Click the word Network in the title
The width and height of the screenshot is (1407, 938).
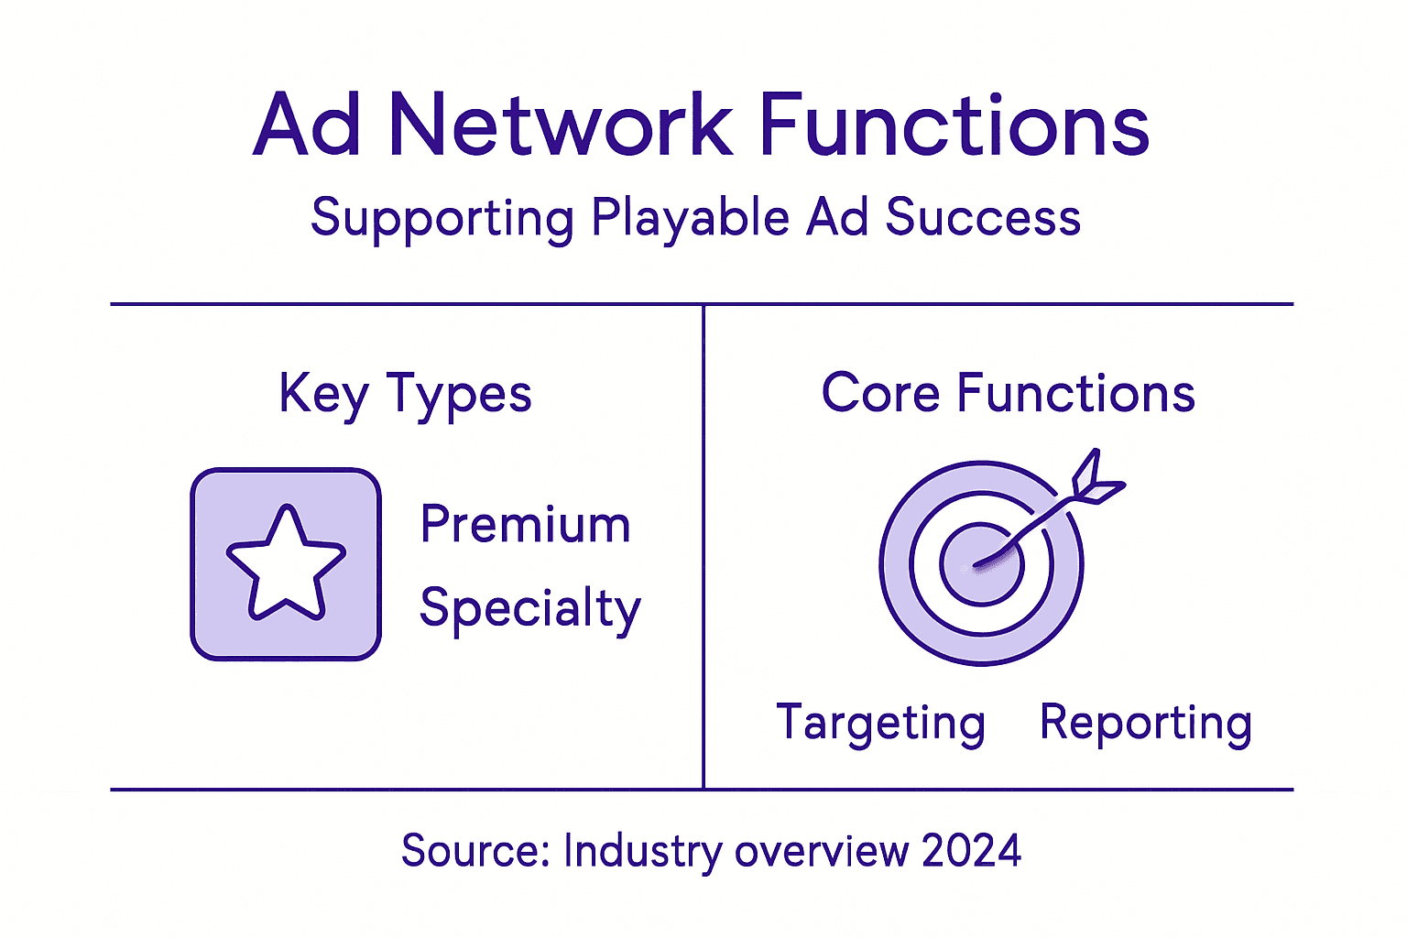point(561,125)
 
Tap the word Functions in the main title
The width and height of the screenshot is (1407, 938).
point(954,125)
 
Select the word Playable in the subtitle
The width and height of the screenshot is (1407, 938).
point(690,218)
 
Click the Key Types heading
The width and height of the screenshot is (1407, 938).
point(405,395)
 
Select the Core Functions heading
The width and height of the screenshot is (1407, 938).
point(1008,394)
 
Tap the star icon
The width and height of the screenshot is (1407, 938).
point(286,563)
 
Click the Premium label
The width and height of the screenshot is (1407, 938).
point(525,525)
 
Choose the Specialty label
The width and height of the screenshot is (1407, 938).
point(529,609)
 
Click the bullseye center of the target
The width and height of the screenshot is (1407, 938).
point(981,564)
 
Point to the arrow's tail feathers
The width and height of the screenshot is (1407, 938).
point(1096,478)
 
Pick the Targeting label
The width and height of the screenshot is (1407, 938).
point(880,724)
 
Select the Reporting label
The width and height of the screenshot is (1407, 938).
point(1145,724)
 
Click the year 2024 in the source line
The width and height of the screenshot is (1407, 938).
point(971,851)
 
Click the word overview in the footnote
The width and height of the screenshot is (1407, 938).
point(822,851)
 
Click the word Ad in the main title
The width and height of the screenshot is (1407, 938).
point(307,125)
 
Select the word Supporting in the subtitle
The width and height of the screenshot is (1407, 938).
point(442,218)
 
